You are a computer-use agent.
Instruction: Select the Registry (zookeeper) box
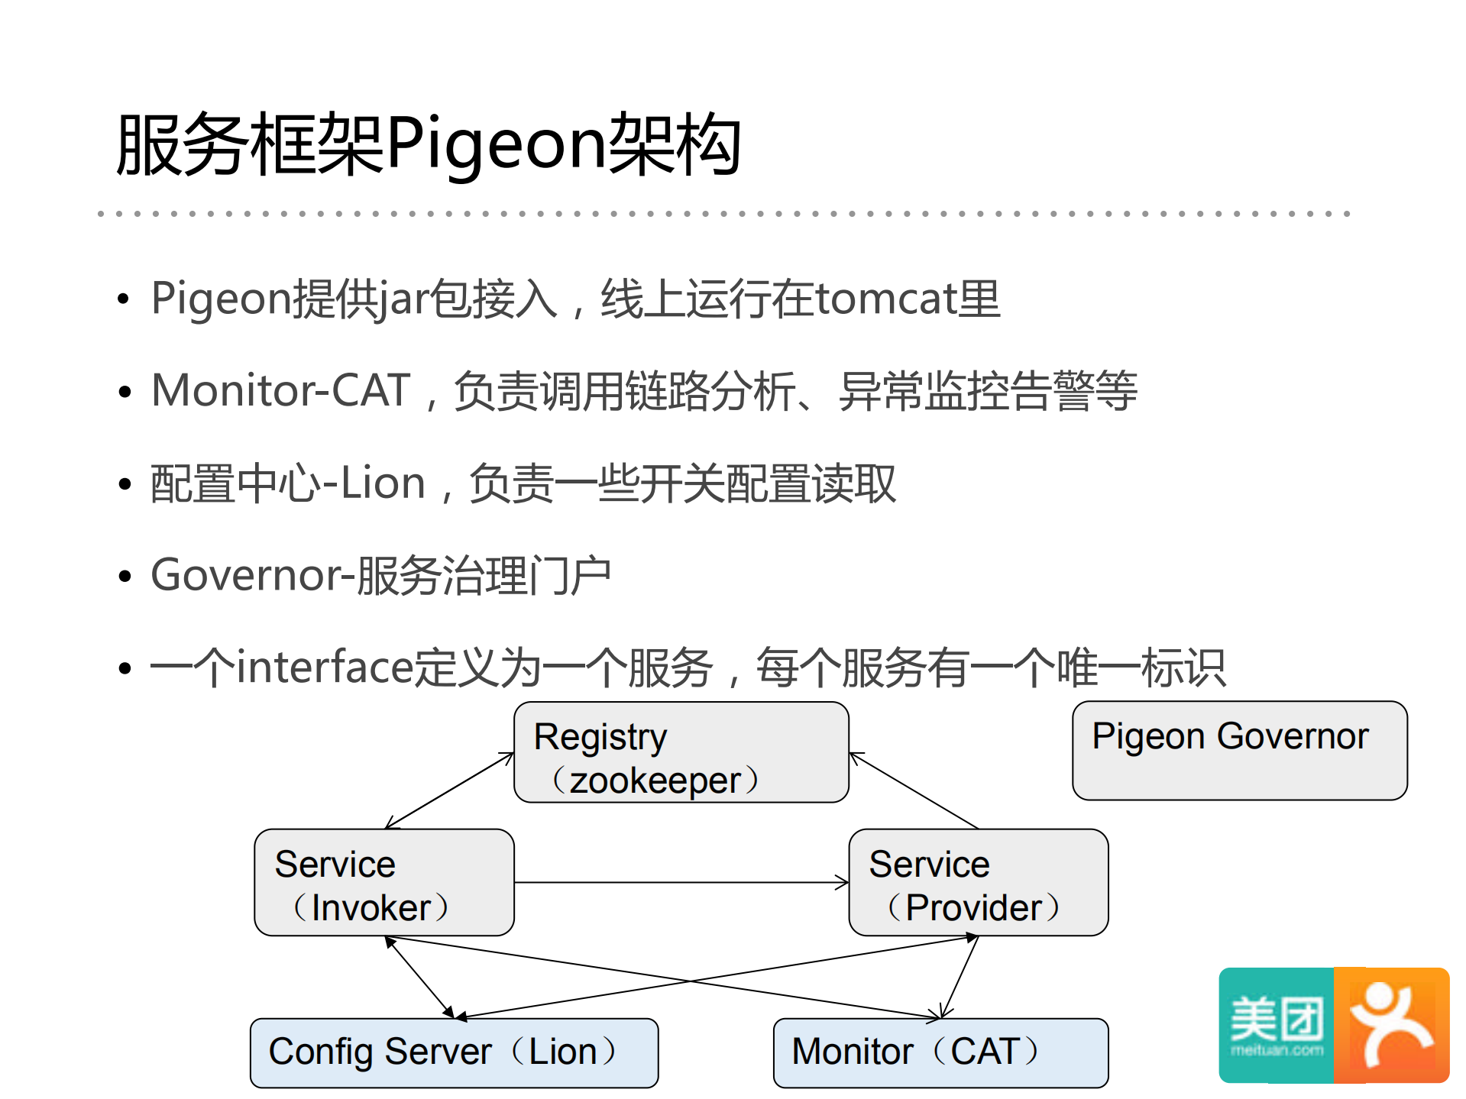tap(681, 753)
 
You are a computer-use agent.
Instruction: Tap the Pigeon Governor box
tap(1239, 751)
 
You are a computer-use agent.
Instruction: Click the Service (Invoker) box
tap(383, 883)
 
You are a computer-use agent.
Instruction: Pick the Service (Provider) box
tap(978, 883)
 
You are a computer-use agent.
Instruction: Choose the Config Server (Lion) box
tap(454, 1052)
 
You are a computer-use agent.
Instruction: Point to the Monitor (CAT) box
tap(940, 1052)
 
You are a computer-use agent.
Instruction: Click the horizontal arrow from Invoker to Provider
tap(680, 883)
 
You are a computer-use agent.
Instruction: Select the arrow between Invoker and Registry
tap(449, 791)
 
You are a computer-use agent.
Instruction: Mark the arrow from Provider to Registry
tap(914, 791)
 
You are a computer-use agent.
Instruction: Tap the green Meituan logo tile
tap(1276, 1025)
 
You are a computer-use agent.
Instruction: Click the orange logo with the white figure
tap(1392, 1025)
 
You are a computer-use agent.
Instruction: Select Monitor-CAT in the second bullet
tap(281, 390)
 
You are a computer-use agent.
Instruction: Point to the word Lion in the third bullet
tap(382, 483)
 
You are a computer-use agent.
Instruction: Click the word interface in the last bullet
tap(325, 667)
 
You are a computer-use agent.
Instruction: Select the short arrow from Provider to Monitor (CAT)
tap(960, 977)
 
